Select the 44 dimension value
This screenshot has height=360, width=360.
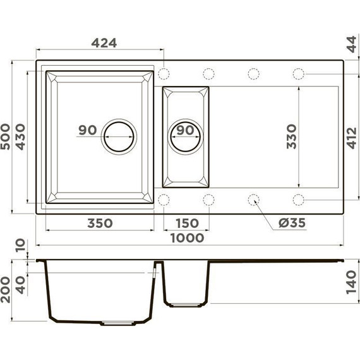pos(351,45)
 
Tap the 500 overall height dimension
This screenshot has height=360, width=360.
pos(7,136)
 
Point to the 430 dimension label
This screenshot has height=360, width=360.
pos(20,136)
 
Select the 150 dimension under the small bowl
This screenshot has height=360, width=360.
pos(186,223)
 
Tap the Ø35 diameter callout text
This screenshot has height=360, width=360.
pos(291,223)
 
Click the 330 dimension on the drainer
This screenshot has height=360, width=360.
pos(291,136)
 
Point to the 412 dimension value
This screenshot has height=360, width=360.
pos(351,136)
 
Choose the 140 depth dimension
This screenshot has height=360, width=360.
pos(351,281)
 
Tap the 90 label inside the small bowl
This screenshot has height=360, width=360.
pos(185,130)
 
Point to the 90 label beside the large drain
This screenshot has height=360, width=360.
pos(87,130)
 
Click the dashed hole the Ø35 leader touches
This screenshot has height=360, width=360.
pos(254,200)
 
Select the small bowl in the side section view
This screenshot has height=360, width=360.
pos(186,284)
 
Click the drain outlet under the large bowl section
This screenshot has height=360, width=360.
pos(119,323)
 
